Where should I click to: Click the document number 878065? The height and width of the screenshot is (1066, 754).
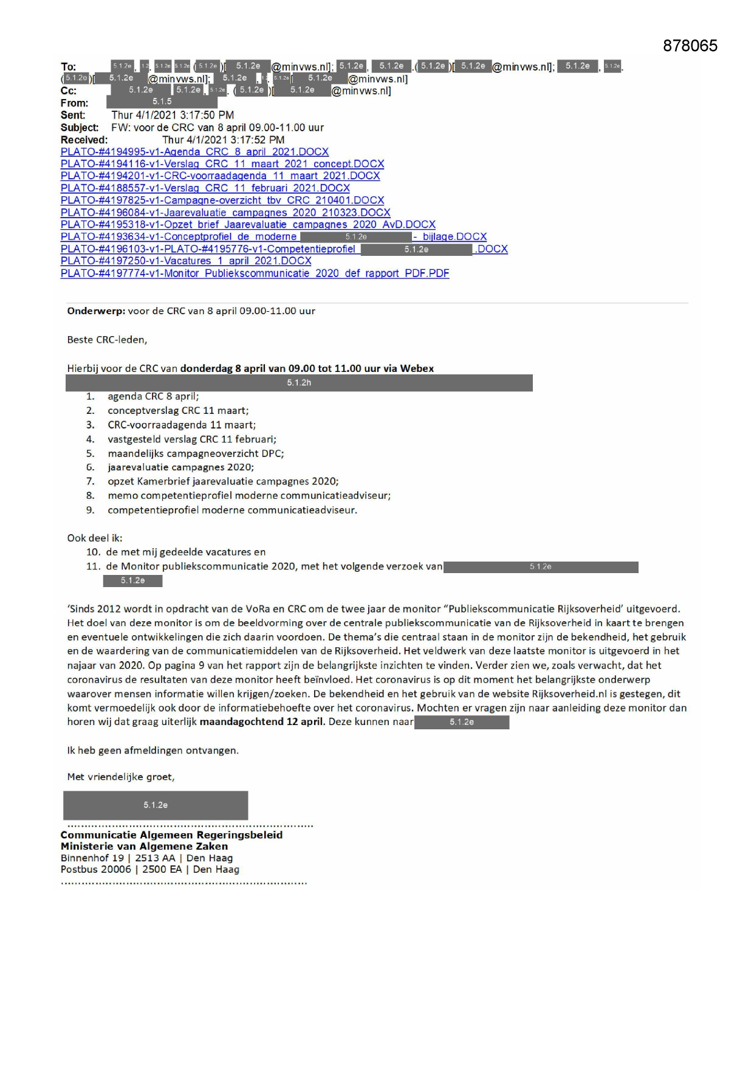pyautogui.click(x=690, y=46)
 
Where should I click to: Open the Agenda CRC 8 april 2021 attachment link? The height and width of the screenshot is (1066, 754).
pyautogui.click(x=194, y=152)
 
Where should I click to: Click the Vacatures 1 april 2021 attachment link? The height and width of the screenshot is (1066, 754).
pyautogui.click(x=186, y=261)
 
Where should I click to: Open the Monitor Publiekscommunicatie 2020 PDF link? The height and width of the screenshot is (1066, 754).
pyautogui.click(x=255, y=273)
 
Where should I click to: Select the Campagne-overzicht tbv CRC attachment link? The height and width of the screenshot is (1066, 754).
pyautogui.click(x=222, y=201)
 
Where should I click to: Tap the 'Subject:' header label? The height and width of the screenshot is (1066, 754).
pyautogui.click(x=80, y=128)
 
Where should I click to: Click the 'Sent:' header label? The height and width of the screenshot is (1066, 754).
pyautogui.click(x=73, y=115)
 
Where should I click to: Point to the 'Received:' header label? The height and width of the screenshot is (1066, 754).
pyautogui.click(x=84, y=140)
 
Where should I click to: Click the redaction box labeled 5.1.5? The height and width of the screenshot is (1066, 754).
pyautogui.click(x=162, y=102)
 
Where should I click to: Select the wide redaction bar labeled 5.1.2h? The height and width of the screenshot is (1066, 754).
pyautogui.click(x=299, y=383)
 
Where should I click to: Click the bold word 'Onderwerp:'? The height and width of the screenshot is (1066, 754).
pyautogui.click(x=96, y=311)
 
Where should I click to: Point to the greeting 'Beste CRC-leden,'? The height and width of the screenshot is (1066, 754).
pyautogui.click(x=107, y=340)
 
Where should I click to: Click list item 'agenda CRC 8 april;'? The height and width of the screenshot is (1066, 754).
pyautogui.click(x=153, y=396)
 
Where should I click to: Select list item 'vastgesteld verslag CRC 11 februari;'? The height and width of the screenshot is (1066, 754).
pyautogui.click(x=192, y=439)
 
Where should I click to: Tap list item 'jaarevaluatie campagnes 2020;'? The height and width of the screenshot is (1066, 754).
pyautogui.click(x=180, y=467)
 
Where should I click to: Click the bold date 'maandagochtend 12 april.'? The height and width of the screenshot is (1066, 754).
pyautogui.click(x=262, y=722)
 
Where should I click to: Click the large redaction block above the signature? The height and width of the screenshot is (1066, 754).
pyautogui.click(x=156, y=805)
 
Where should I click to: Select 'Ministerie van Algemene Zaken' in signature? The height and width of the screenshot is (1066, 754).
pyautogui.click(x=144, y=846)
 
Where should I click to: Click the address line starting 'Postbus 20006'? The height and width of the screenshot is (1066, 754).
pyautogui.click(x=149, y=870)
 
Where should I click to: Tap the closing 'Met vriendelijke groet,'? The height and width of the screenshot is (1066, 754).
pyautogui.click(x=120, y=777)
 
